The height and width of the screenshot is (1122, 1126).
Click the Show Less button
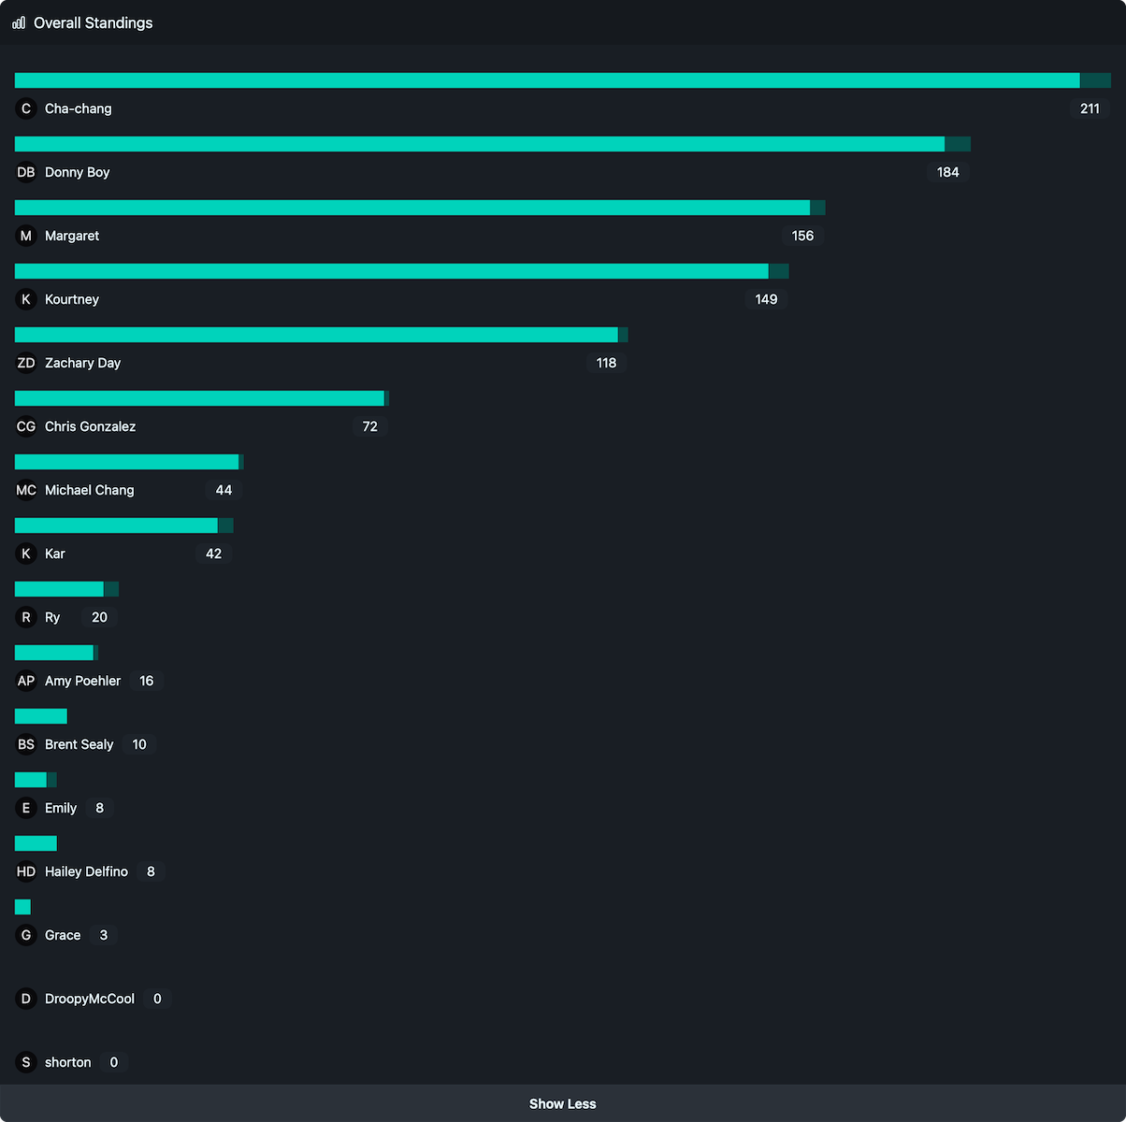pos(562,1103)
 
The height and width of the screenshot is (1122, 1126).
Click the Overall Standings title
pos(93,22)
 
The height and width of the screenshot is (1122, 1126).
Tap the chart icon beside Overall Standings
pos(19,22)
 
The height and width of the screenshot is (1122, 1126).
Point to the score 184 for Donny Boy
pos(947,172)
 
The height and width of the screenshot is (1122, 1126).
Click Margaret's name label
pos(72,236)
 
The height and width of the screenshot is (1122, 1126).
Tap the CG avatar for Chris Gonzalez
pos(26,426)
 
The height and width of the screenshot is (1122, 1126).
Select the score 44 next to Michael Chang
pos(224,490)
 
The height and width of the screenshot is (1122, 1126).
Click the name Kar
pos(55,554)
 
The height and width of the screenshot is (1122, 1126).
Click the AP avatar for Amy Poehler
pos(26,681)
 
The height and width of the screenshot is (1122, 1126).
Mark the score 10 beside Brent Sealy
pos(139,744)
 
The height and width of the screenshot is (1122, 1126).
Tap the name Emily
pos(61,808)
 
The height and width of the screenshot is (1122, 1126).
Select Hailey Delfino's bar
pos(36,843)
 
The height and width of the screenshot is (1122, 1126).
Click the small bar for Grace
pos(22,907)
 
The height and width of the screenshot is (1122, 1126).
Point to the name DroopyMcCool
pos(90,999)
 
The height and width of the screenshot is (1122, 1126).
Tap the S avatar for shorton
pos(26,1062)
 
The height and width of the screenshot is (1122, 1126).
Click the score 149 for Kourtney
pos(766,299)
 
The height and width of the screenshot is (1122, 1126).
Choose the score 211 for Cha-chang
pos(1090,108)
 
